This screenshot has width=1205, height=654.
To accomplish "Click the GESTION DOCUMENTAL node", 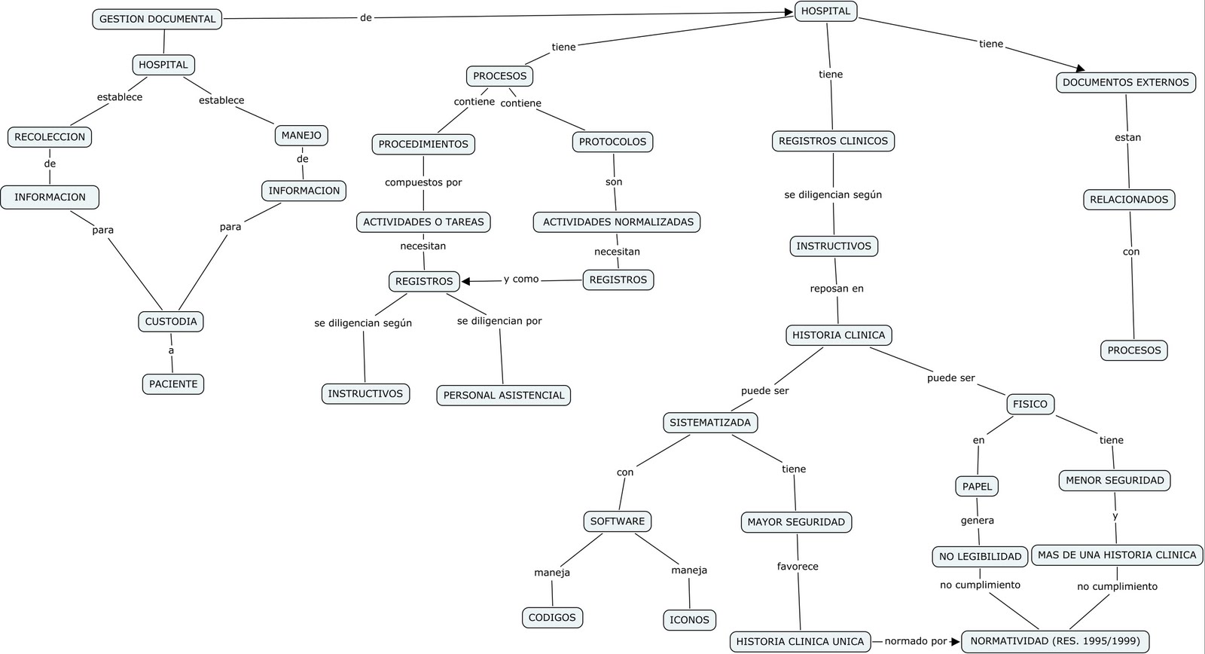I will pyautogui.click(x=157, y=19).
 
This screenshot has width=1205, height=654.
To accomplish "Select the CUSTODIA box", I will pyautogui.click(x=171, y=322).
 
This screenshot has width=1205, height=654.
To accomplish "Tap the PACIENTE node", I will pyautogui.click(x=173, y=384).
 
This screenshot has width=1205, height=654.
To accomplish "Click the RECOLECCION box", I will pyautogui.click(x=50, y=137).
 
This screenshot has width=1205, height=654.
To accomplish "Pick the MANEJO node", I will pyautogui.click(x=301, y=136).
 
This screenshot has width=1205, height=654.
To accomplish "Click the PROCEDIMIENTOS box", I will pyautogui.click(x=423, y=144).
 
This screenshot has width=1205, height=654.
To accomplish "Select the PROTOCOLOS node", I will pyautogui.click(x=612, y=142).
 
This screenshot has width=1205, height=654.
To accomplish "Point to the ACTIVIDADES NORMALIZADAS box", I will pyautogui.click(x=618, y=222).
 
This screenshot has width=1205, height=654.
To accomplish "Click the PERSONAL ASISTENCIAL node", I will pyautogui.click(x=503, y=396).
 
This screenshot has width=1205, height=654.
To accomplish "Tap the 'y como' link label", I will pyautogui.click(x=521, y=280).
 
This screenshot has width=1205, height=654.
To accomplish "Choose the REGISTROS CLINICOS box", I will pyautogui.click(x=833, y=141).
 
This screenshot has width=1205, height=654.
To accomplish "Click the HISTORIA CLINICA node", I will pyautogui.click(x=838, y=335).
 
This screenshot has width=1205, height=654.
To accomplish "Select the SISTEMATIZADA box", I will pyautogui.click(x=710, y=423).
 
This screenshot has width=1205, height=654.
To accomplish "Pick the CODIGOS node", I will pyautogui.click(x=552, y=618).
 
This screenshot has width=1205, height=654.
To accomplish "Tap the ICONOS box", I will pyautogui.click(x=689, y=620).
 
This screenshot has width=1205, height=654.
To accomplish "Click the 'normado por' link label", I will pyautogui.click(x=915, y=642).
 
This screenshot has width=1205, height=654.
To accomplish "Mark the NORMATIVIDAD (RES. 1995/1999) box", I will pyautogui.click(x=1055, y=642).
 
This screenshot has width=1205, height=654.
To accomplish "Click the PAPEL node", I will pyautogui.click(x=977, y=487).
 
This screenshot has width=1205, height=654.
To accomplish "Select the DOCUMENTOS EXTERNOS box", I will pyautogui.click(x=1125, y=83).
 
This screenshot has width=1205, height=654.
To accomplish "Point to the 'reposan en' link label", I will pyautogui.click(x=837, y=289).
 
